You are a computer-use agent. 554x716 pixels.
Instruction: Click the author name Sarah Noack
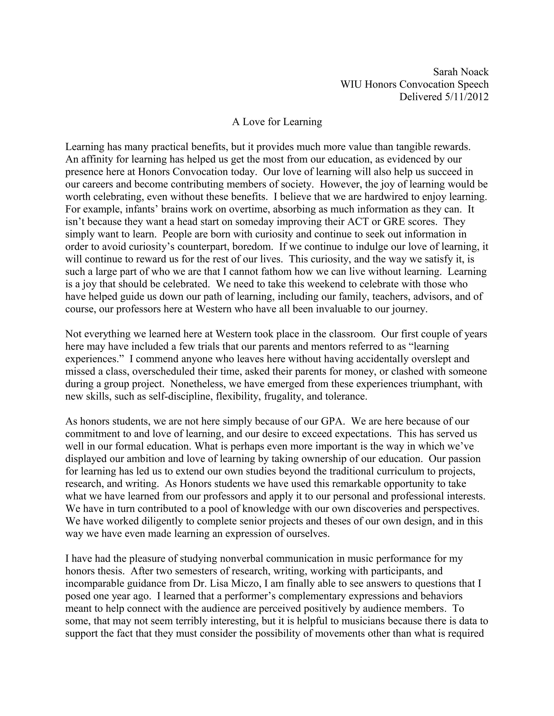(460, 72)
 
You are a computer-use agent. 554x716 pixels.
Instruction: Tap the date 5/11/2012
(466, 97)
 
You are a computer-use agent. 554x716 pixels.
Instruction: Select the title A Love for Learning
(277, 122)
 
